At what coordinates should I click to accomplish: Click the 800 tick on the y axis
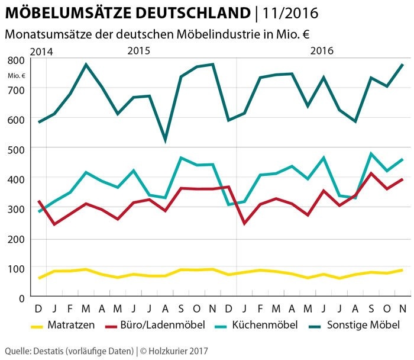tap(16, 60)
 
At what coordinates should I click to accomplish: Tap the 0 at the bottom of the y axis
tap(21, 298)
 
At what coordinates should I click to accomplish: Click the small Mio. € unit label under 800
tap(17, 75)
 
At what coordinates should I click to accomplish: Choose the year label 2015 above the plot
tap(139, 51)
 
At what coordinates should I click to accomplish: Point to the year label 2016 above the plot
tap(322, 51)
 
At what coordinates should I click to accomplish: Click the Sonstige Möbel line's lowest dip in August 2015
tap(165, 140)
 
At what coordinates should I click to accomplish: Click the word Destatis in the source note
tap(48, 351)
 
